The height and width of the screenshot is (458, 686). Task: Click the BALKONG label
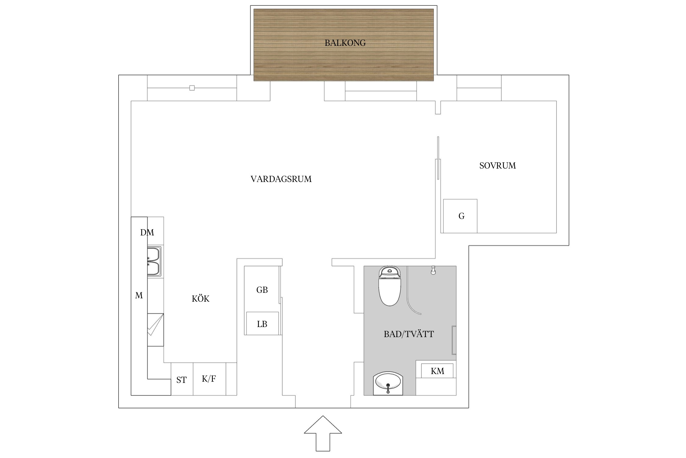tap(345, 43)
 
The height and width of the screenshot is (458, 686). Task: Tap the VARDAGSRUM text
tap(281, 179)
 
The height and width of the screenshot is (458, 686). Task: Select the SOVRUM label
tap(497, 166)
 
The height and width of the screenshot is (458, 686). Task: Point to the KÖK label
tap(200, 299)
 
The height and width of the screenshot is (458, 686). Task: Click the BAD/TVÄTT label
tap(409, 334)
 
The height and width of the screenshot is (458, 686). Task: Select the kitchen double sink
tap(154, 261)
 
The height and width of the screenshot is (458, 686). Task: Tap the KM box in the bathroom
tap(437, 371)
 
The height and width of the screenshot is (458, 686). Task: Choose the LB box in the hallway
tap(262, 324)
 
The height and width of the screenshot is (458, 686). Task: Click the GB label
tap(262, 290)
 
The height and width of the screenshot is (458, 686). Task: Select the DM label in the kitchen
tap(147, 233)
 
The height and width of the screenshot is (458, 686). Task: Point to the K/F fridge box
tap(209, 379)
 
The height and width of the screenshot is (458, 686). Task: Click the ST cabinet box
tap(182, 380)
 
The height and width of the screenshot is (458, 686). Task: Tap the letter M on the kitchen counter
tap(139, 296)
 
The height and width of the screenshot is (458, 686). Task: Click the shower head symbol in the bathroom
tap(433, 270)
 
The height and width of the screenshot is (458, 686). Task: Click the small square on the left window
tap(192, 88)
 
